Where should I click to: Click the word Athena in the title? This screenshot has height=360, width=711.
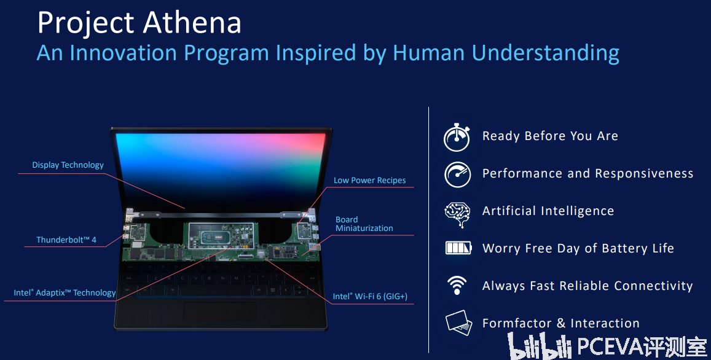(192, 22)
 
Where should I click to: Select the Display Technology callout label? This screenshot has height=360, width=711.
(68, 165)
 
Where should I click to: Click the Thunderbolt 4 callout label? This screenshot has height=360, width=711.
(66, 240)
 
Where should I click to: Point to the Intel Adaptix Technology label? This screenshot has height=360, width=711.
(65, 292)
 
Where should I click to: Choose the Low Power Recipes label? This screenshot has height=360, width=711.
(369, 180)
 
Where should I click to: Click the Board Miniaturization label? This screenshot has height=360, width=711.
(364, 224)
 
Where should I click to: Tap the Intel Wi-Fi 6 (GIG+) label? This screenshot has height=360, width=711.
(370, 297)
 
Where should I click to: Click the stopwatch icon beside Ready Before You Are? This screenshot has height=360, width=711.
(457, 137)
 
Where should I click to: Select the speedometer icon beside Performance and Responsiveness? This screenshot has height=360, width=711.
(458, 174)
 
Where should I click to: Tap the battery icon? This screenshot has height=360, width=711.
(458, 248)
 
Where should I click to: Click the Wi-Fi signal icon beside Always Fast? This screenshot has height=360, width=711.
(457, 285)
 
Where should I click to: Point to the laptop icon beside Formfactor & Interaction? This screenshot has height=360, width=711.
(459, 323)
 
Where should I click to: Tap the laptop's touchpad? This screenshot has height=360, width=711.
(221, 313)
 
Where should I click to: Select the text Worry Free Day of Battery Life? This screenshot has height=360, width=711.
(578, 248)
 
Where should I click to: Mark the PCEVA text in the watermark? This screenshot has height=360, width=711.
(610, 347)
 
